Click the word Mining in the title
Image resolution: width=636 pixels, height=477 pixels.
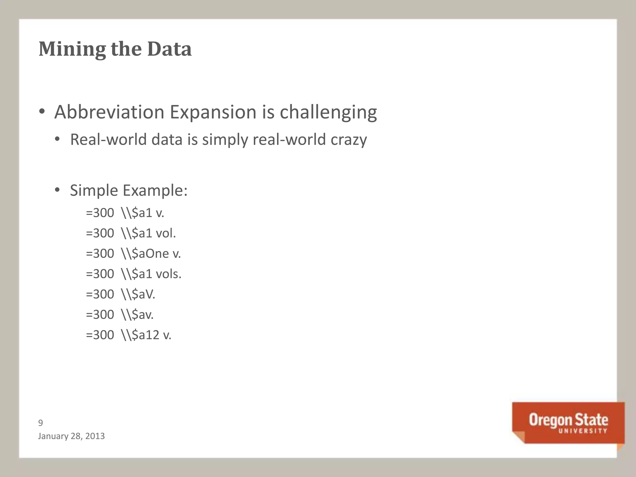coord(71,49)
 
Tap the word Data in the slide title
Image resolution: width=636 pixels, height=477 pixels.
coord(169,49)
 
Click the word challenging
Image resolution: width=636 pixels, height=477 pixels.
coord(328,112)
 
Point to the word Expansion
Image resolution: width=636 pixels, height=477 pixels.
coord(213,112)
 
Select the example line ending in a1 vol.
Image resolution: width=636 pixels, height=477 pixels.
coord(131,233)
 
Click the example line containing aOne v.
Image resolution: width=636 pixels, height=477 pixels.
coord(133,254)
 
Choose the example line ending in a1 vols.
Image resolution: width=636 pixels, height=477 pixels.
coord(134,274)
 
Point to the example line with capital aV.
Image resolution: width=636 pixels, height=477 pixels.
coord(120,294)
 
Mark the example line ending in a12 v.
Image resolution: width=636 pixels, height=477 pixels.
coord(129,335)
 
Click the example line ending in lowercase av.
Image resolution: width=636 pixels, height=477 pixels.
coord(120,315)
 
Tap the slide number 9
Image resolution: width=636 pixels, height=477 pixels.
coord(40,423)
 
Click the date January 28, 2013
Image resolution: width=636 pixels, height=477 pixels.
coord(71,436)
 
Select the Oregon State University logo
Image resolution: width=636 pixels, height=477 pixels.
coord(568,423)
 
